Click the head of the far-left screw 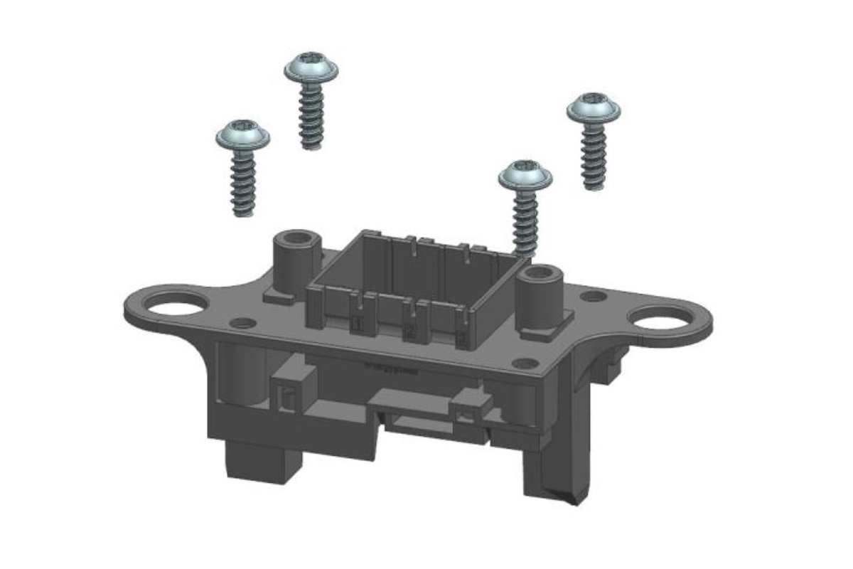tap(243, 135)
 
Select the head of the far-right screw tap(594, 107)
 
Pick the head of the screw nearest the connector tap(525, 175)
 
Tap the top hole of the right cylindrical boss tap(544, 272)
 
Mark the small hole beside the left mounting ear tap(243, 323)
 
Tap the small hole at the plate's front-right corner tap(525, 363)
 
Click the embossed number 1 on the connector tap(357, 324)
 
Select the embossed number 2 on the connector tap(409, 331)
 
